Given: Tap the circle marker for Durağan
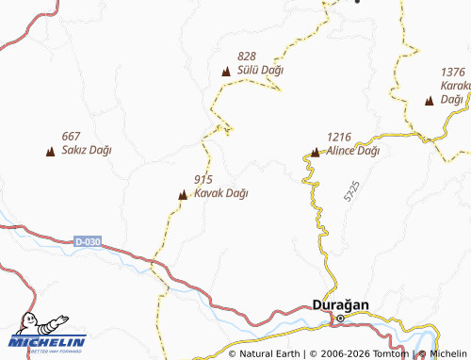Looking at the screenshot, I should coord(341,319).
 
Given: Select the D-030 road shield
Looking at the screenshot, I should coord(87,242).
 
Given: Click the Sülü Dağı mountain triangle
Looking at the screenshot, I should coord(226,72).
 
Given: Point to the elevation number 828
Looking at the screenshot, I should coord(248,57).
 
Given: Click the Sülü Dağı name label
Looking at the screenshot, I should coord(261,71).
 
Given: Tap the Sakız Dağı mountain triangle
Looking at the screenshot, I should coord(49,151).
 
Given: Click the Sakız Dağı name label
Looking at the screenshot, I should coord(86,150).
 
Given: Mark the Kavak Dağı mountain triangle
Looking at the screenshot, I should coord(183,195).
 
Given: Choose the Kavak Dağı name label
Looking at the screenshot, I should coord(220,193).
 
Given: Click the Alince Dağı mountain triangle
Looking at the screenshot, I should coord(316,151).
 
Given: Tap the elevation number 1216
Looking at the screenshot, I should coord(341,137).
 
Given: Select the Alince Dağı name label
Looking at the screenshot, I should coord(353,151).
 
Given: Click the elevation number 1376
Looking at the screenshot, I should coord(453,72).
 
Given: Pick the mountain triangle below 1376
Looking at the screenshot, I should coord(430,100).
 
